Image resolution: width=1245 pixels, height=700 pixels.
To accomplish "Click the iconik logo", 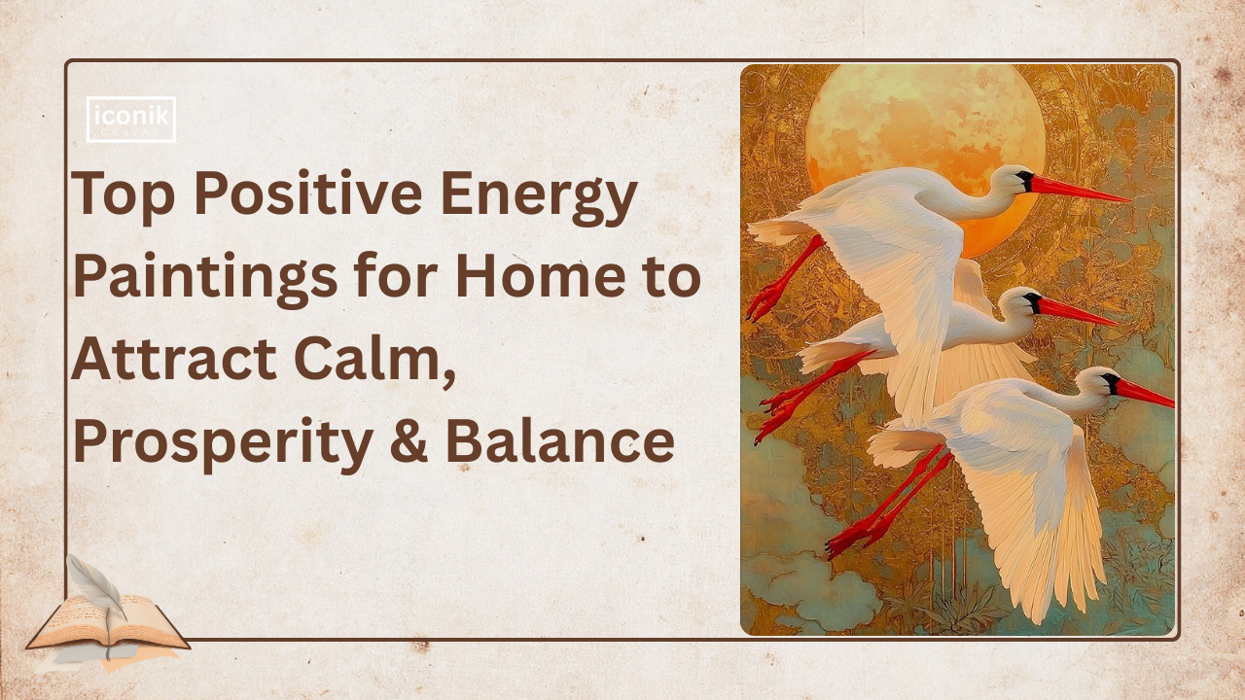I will (x=131, y=120).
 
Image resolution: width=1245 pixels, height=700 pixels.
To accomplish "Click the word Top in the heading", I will (x=122, y=194).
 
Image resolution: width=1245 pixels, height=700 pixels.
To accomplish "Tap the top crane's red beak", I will (x=1080, y=191).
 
